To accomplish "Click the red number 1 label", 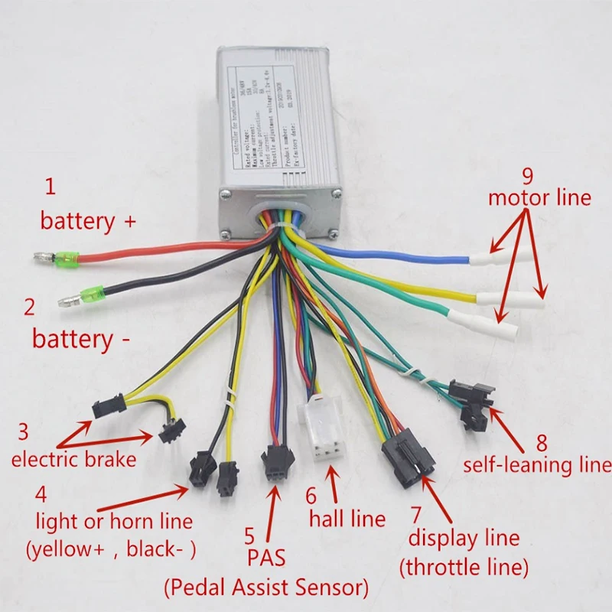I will coord(50,186).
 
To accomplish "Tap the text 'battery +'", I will coord(88,222).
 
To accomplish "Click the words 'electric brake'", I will coord(73,460).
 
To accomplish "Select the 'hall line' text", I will coord(347,519).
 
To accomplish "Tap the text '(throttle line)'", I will coord(464,568).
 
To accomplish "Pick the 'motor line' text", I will coord(540,197).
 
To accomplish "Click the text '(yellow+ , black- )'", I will coord(111,549).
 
